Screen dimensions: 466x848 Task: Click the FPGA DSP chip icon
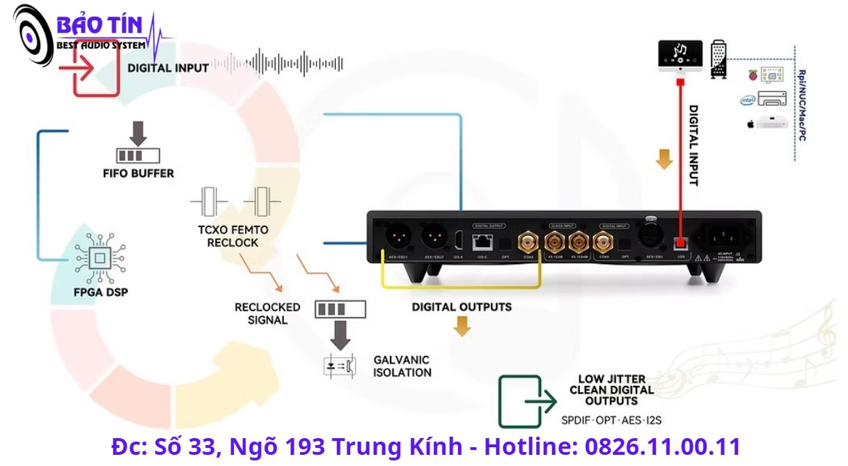[x=100, y=258]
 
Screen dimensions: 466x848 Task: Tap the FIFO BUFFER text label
[x=137, y=173]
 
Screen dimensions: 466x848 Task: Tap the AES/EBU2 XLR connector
[x=435, y=239]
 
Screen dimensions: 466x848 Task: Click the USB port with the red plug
[x=680, y=243]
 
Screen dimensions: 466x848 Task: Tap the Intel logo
[x=748, y=100]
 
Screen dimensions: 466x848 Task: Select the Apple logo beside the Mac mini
[x=751, y=124]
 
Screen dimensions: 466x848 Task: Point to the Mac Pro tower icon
[x=719, y=59]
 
